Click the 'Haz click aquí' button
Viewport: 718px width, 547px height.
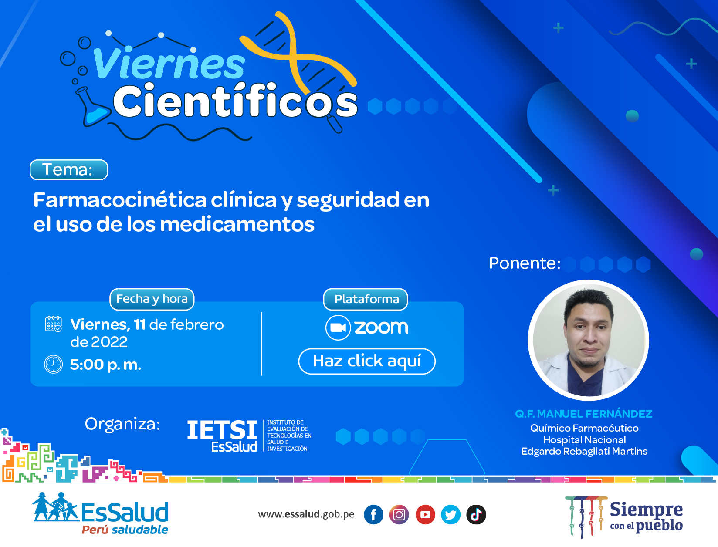(x=367, y=361)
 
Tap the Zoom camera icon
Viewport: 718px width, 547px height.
(x=338, y=328)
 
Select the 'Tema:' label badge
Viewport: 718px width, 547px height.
(x=69, y=170)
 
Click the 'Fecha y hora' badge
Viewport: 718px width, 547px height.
(x=152, y=299)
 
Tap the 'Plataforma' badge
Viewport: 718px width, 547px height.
(x=366, y=299)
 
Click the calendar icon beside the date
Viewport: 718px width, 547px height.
(x=53, y=324)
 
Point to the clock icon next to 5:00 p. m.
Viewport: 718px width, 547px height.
(x=53, y=364)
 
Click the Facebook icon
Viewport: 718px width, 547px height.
(x=373, y=515)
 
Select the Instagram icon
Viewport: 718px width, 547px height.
(x=399, y=515)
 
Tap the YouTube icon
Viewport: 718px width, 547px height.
(x=425, y=515)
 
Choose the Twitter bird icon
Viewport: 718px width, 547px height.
(x=451, y=515)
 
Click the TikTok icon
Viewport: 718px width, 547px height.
(x=476, y=515)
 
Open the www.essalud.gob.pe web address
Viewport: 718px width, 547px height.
(x=306, y=514)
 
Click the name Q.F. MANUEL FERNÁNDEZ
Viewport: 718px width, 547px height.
(x=583, y=414)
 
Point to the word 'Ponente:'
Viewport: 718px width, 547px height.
(x=525, y=263)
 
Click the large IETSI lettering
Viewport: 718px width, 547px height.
(x=222, y=429)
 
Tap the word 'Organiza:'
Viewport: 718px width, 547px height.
(x=123, y=424)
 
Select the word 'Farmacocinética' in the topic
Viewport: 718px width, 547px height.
(x=120, y=200)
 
